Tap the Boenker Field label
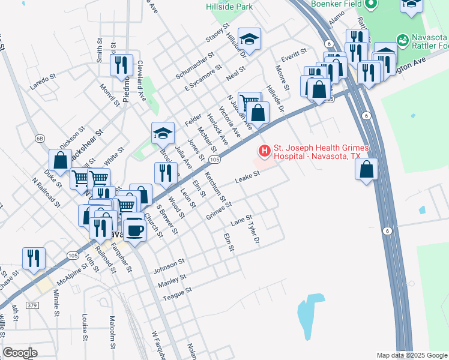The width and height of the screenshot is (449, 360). point(335,3)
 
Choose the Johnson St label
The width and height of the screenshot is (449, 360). point(169,265)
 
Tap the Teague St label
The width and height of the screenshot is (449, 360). point(176,292)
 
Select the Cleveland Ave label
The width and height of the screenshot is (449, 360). point(142,80)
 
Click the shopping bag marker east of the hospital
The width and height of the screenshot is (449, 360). point(367,170)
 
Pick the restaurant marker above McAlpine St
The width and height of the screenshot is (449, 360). point(34,258)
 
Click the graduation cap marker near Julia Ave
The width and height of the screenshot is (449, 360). point(162,133)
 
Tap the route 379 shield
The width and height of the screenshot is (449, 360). point(32,306)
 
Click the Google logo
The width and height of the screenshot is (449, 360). point(20,352)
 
